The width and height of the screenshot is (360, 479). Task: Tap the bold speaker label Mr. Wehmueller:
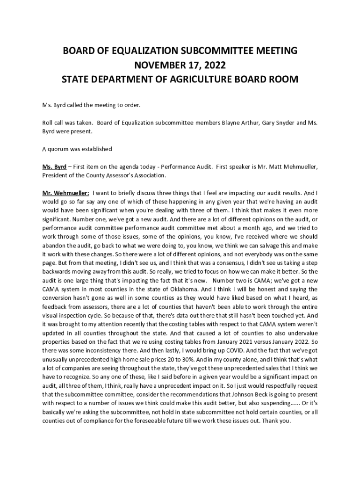point(66,193)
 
